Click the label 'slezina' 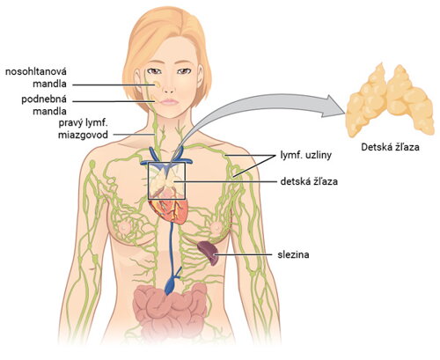click(x=293, y=254)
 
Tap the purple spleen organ click(x=208, y=253)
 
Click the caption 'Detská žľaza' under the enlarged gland click(x=390, y=147)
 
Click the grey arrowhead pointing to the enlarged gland click(x=334, y=107)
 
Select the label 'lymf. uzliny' click(x=306, y=155)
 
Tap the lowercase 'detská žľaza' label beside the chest click(x=309, y=181)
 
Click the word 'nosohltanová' click(x=36, y=71)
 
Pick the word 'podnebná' click(x=44, y=99)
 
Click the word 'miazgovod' click(x=83, y=135)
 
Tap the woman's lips click(x=169, y=102)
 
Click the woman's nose click(x=169, y=86)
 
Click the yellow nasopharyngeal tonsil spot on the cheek click(x=158, y=84)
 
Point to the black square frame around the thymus click(x=149, y=180)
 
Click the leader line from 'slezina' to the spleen click(x=244, y=254)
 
